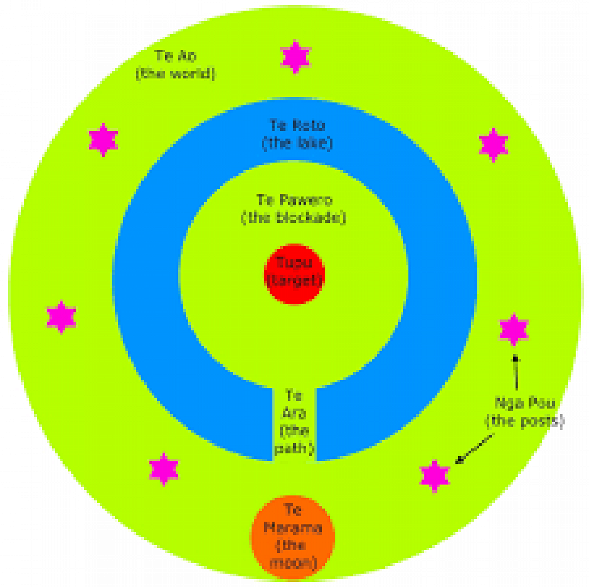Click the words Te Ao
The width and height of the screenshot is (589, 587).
pyautogui.click(x=176, y=57)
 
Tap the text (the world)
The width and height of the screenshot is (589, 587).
pyautogui.click(x=176, y=75)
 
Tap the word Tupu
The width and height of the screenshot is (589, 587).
pyautogui.click(x=294, y=262)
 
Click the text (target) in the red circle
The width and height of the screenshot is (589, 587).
pyautogui.click(x=294, y=281)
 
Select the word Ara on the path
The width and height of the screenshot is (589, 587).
pyautogui.click(x=293, y=413)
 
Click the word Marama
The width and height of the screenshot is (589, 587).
pyautogui.click(x=293, y=527)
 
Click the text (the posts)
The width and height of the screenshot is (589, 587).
pyautogui.click(x=524, y=422)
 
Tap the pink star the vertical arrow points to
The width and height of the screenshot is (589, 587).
pyautogui.click(x=514, y=329)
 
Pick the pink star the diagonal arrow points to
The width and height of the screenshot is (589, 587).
pyautogui.click(x=435, y=474)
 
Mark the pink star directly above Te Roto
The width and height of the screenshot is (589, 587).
pyautogui.click(x=295, y=57)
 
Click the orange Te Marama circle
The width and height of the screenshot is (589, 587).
pyautogui.click(x=293, y=536)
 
